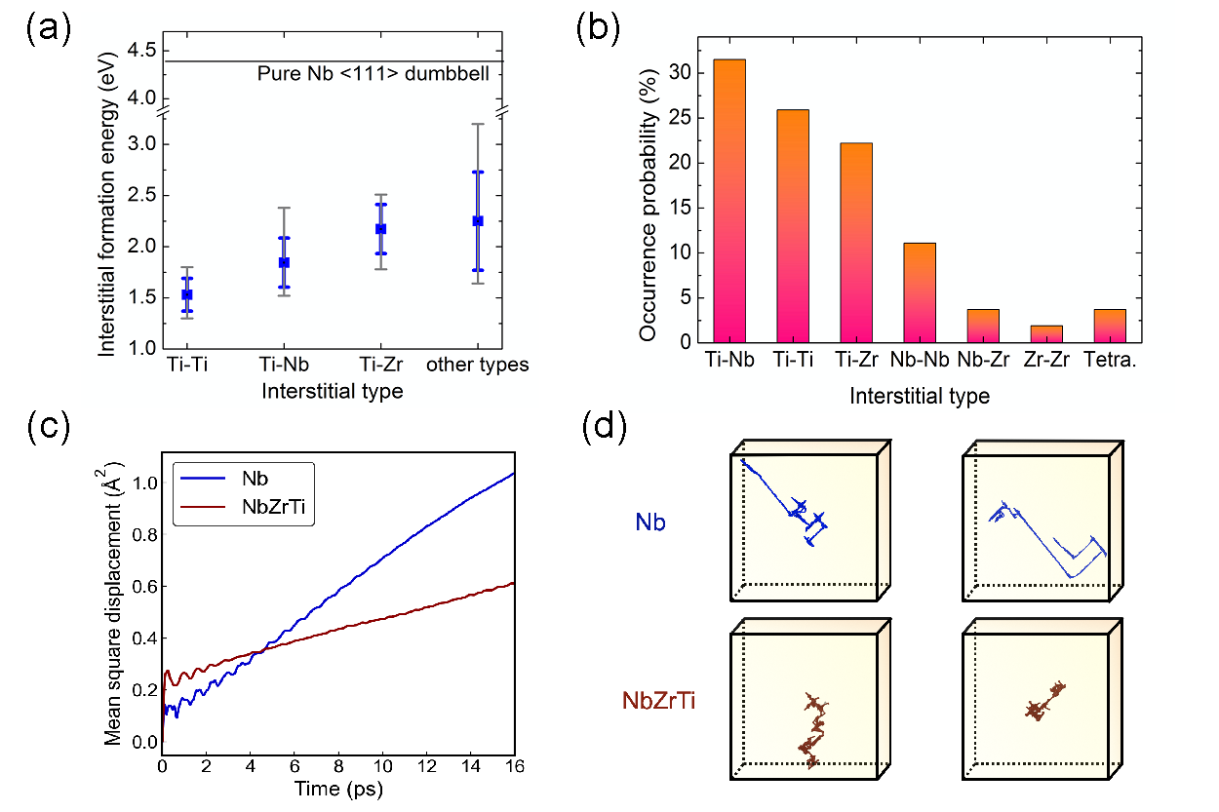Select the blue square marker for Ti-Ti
(187, 294)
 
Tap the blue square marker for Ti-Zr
(381, 228)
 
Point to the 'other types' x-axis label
(477, 365)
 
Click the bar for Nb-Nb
(920, 292)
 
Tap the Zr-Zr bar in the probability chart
(1045, 333)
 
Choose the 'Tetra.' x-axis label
(1110, 360)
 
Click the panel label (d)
(602, 428)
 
